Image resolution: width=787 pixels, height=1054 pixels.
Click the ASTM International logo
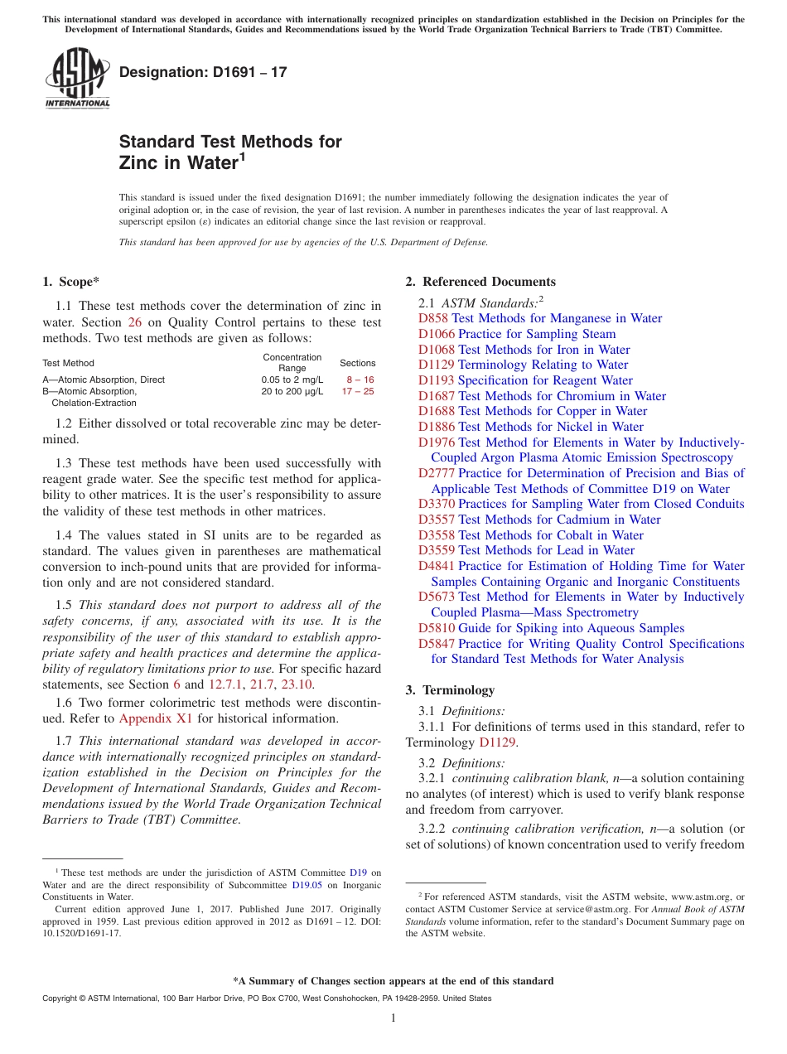pyautogui.click(x=76, y=78)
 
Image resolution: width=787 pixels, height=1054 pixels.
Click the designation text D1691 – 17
pyautogui.click(x=203, y=72)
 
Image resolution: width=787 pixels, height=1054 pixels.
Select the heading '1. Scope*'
pyautogui.click(x=72, y=282)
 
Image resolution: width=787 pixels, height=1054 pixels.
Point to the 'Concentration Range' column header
pyautogui.click(x=292, y=363)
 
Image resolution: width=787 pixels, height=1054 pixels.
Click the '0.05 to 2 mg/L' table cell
pyautogui.click(x=292, y=380)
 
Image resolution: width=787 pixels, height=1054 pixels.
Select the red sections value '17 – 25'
pyautogui.click(x=358, y=391)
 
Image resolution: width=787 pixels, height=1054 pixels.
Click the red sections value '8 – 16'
pyautogui.click(x=360, y=380)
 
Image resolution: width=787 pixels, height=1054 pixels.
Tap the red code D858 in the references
pyautogui.click(x=433, y=318)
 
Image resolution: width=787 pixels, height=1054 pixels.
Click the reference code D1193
pyautogui.click(x=436, y=380)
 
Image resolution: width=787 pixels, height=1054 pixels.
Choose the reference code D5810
pyautogui.click(x=436, y=628)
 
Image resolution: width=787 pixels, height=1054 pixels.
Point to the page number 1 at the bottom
pyautogui.click(x=393, y=1018)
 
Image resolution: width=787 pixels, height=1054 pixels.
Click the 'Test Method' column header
pyautogui.click(x=68, y=363)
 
